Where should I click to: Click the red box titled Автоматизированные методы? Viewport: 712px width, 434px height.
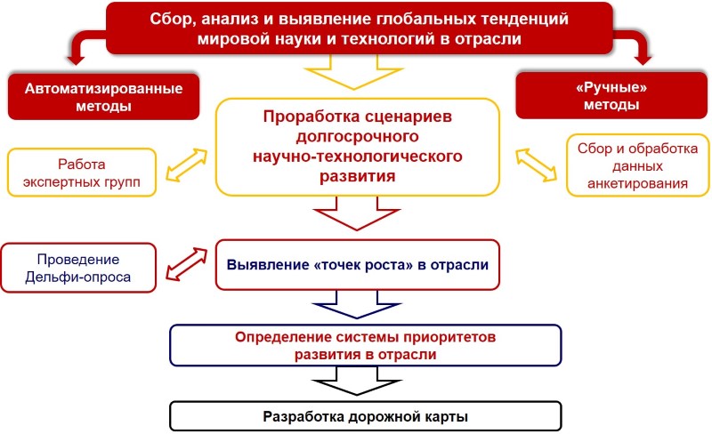pos(103,97)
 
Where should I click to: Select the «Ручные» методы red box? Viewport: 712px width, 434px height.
pos(611,95)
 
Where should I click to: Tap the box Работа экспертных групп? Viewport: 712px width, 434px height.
pos(82,173)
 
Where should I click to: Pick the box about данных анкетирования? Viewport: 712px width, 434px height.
pos(637,165)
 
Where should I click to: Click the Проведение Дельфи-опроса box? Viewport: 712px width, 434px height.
pos(78,268)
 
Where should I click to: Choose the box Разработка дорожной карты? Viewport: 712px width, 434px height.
pos(366,416)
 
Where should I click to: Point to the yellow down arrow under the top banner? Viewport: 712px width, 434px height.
pos(353,72)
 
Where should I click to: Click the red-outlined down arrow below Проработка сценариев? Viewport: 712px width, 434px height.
pos(357,213)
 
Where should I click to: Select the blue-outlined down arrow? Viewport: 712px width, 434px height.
pos(357,304)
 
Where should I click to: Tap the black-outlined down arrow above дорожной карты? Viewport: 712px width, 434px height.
pos(357,381)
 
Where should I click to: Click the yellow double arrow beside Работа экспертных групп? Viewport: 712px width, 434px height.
pos(187,165)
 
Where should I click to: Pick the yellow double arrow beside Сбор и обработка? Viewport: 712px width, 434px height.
pos(536,165)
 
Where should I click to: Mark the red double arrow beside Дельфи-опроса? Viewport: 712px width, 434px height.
pos(187,264)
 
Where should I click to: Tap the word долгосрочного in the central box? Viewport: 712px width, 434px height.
pos(358,136)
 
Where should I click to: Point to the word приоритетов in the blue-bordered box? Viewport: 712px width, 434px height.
pos(449,337)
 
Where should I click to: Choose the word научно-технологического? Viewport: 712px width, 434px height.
pos(358,157)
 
